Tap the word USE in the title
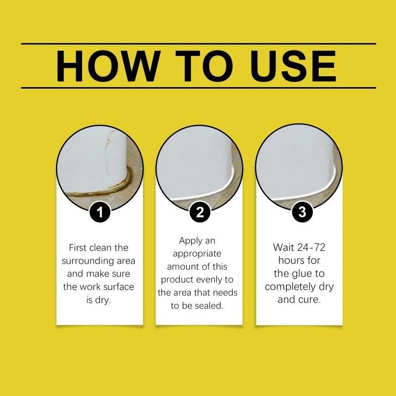(293, 66)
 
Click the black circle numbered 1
(100, 213)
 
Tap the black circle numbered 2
(199, 213)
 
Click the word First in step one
(79, 247)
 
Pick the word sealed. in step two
(211, 306)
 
